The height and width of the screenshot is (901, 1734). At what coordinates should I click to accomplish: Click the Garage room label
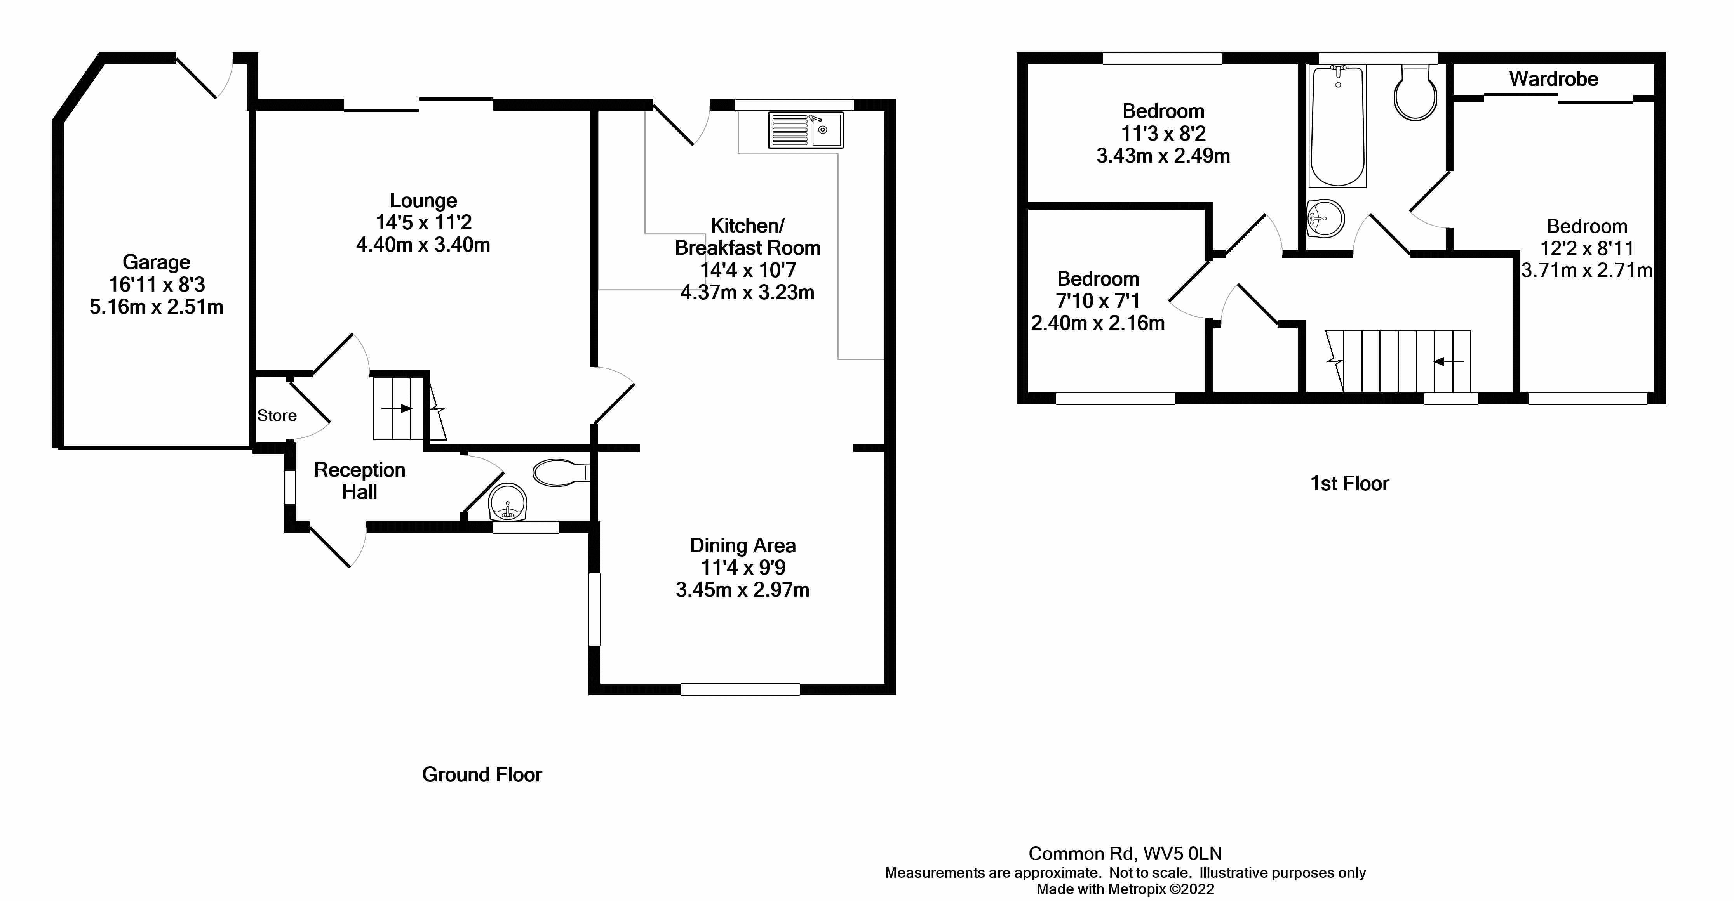(x=156, y=262)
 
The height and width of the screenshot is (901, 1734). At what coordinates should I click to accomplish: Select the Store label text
(x=277, y=415)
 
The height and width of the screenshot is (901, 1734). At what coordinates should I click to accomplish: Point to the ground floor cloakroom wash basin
(x=507, y=503)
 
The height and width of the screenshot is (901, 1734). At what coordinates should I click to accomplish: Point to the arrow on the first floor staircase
(x=1448, y=362)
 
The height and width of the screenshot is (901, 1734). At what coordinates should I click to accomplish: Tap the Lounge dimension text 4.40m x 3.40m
(x=423, y=244)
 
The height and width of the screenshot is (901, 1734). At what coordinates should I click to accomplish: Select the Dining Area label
(x=742, y=545)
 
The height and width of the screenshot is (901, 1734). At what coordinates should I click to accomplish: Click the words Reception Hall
(x=359, y=481)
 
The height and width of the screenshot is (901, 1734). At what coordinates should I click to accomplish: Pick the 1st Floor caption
(x=1349, y=483)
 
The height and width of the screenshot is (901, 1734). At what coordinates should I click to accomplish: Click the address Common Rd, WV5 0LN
(x=1125, y=853)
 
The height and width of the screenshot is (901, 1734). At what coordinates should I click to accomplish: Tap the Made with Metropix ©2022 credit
(x=1125, y=889)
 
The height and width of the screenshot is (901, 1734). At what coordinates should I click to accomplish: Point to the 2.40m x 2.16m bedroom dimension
(x=1097, y=323)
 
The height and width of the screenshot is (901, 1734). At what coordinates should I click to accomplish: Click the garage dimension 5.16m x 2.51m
(x=156, y=307)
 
